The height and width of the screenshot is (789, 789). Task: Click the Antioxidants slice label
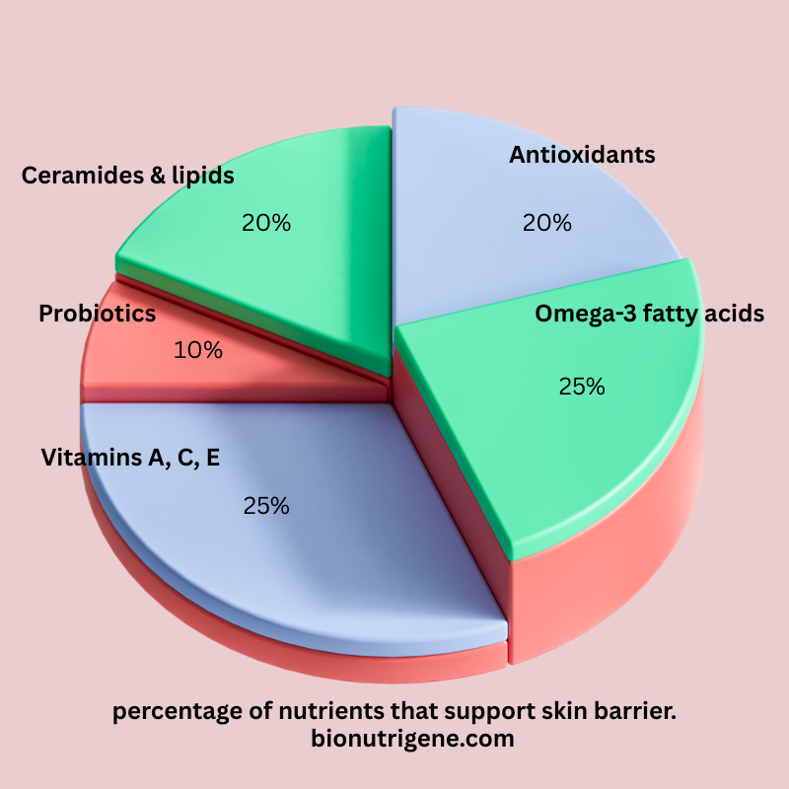pos(582,155)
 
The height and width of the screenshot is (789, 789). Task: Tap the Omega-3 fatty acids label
pos(650,314)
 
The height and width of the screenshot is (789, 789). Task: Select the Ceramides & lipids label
pos(127,176)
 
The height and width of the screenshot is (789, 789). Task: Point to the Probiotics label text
pos(98,314)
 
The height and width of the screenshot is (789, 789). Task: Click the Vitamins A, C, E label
pos(130,458)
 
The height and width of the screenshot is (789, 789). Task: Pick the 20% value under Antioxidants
pos(547,223)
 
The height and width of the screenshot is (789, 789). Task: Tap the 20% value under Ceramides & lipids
pos(266,223)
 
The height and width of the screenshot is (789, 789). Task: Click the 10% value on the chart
pos(198,350)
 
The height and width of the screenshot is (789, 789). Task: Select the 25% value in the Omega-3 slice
pos(581,387)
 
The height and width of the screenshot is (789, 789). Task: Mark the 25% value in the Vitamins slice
pos(266,506)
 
